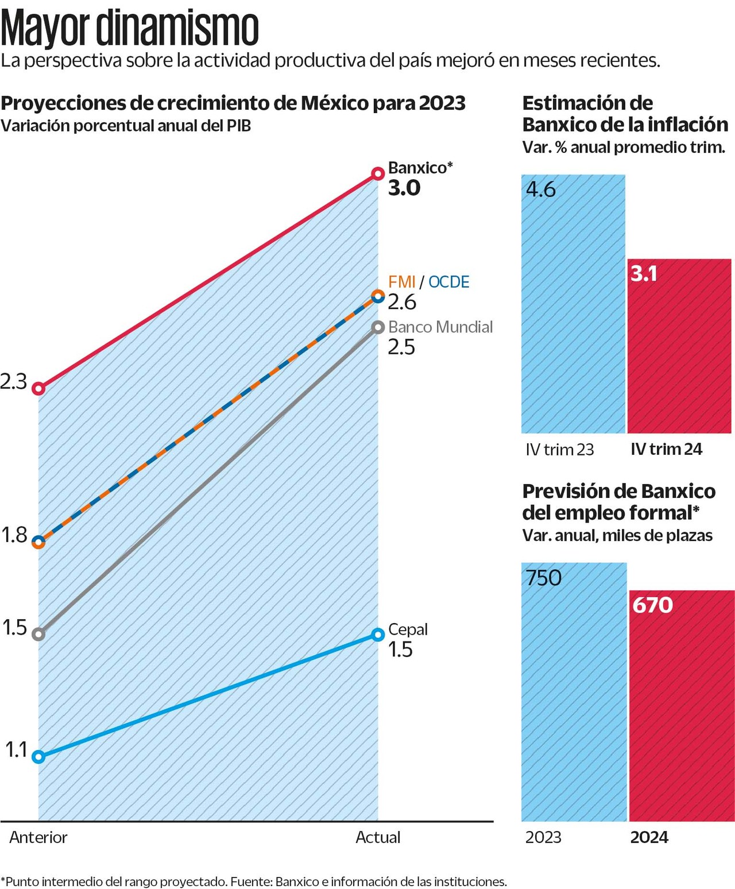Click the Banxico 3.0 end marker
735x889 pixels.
click(377, 173)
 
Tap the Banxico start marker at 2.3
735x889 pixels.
click(38, 389)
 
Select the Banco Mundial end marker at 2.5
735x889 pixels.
click(377, 327)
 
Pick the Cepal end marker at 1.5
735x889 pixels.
click(377, 635)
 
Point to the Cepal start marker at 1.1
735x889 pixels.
click(38, 756)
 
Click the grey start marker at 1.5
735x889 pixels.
click(38, 634)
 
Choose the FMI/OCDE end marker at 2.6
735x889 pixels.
click(377, 296)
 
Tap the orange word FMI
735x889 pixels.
click(401, 282)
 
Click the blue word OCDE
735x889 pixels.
click(448, 282)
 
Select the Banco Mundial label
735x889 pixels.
click(440, 327)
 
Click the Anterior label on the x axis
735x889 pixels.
click(38, 837)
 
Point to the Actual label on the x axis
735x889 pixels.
click(377, 837)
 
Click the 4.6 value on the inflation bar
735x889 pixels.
click(541, 190)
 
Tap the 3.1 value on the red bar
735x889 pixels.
click(644, 273)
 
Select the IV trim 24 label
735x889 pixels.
click(666, 449)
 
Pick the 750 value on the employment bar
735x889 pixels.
click(543, 578)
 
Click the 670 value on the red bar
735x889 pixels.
click(652, 605)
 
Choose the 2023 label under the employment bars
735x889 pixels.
click(543, 837)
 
